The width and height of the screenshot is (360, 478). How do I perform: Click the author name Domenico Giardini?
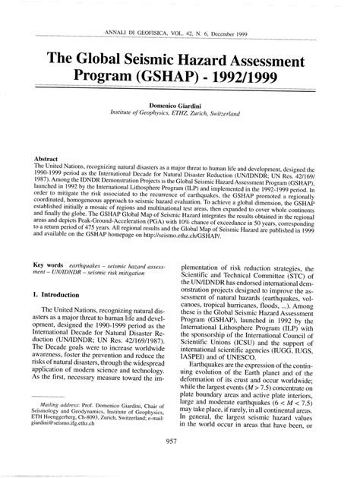[x=180, y=103]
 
